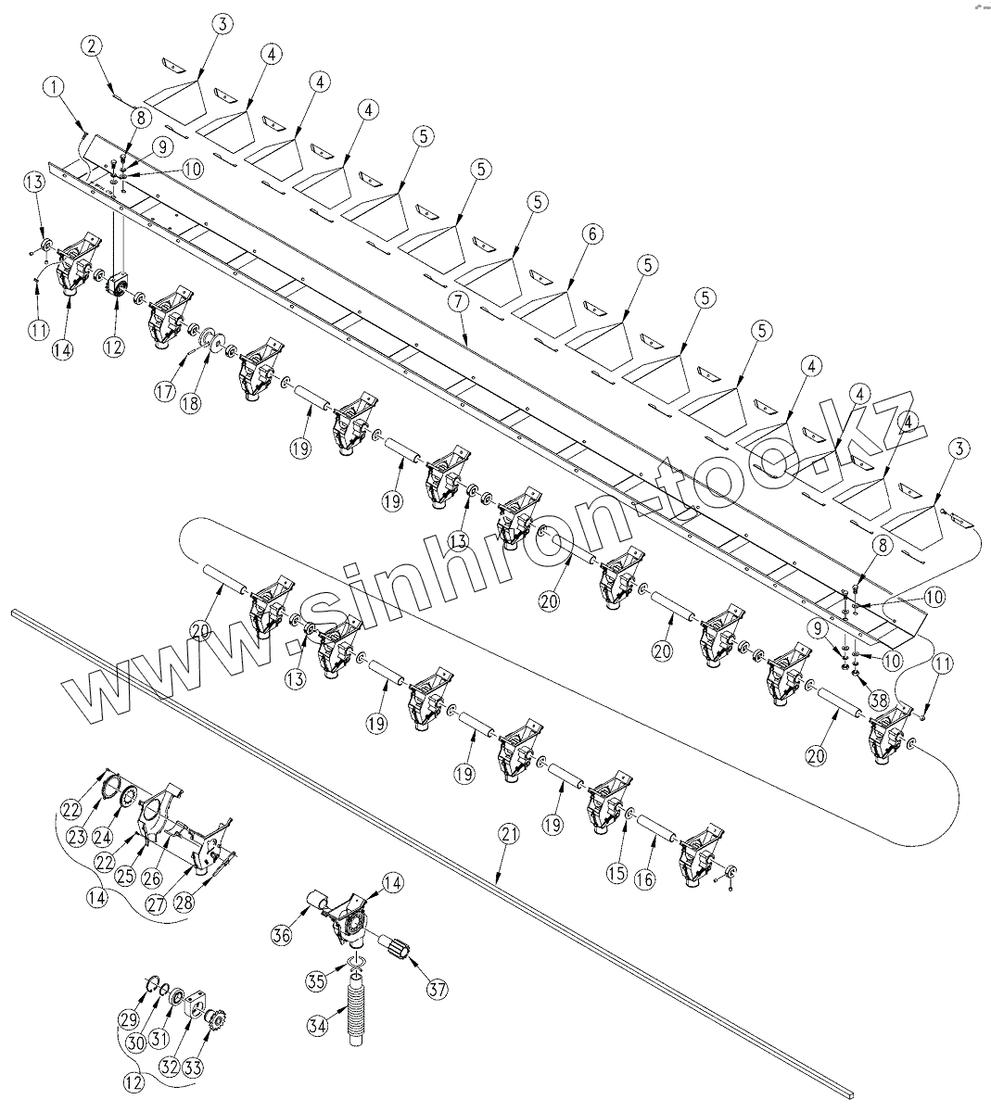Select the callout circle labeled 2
pos(92,45)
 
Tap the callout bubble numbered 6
pos(591,235)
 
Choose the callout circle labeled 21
pos(506,835)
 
